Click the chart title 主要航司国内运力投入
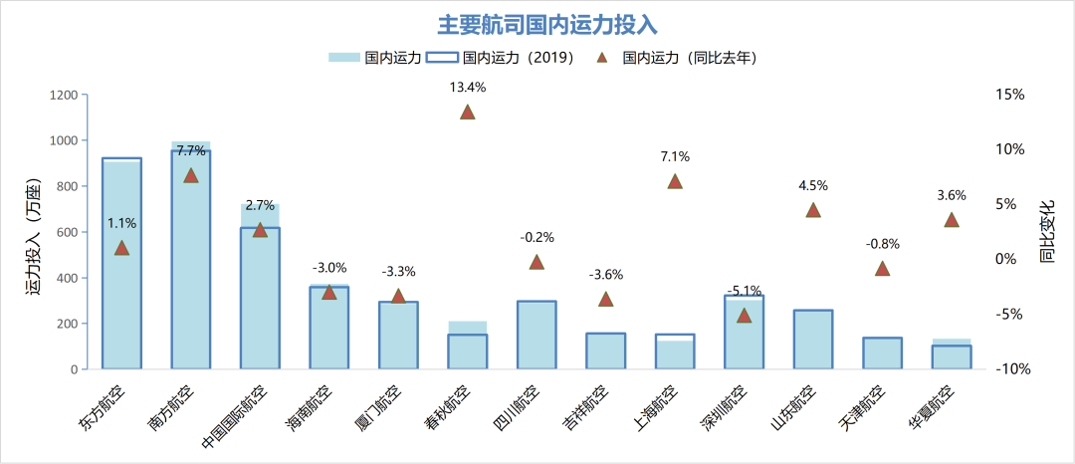click(548, 24)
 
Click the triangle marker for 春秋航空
click(467, 112)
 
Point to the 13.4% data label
click(467, 87)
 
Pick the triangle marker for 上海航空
click(675, 181)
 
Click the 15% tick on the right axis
click(1009, 95)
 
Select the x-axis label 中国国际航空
click(238, 417)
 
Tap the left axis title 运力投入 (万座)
click(35, 232)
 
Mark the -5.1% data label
click(744, 291)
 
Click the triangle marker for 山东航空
click(813, 210)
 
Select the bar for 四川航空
click(537, 335)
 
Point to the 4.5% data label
click(813, 185)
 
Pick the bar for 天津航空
click(882, 353)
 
